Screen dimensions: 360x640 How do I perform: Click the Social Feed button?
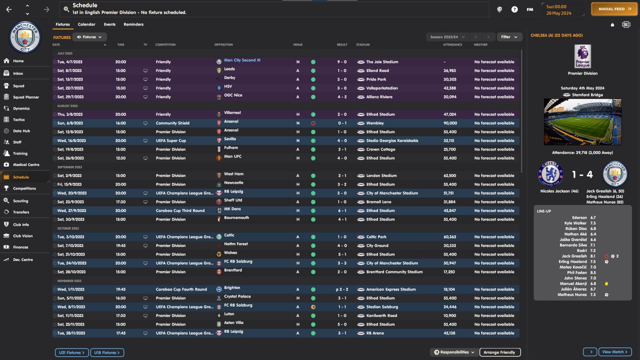pyautogui.click(x=614, y=9)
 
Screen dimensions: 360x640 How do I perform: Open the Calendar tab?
pyautogui.click(x=86, y=24)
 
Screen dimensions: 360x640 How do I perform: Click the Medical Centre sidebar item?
pyautogui.click(x=25, y=165)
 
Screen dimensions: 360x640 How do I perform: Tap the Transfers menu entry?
pyautogui.click(x=21, y=212)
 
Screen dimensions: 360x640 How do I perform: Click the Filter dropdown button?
pyautogui.click(x=509, y=37)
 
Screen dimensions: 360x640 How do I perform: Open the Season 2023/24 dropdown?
pyautogui.click(x=447, y=37)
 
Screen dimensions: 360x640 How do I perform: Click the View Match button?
pyautogui.click(x=615, y=352)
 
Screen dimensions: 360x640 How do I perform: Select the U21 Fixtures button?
pyautogui.click(x=72, y=352)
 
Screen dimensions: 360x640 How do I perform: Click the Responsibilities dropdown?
pyautogui.click(x=454, y=352)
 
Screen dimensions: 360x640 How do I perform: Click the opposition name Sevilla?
pyautogui.click(x=230, y=139)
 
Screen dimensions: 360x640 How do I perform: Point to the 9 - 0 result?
pyautogui.click(x=341, y=62)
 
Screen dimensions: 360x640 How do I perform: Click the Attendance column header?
pyautogui.click(x=452, y=45)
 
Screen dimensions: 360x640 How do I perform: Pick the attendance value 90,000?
pyautogui.click(x=449, y=123)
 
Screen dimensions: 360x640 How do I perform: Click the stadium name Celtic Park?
pyautogui.click(x=377, y=237)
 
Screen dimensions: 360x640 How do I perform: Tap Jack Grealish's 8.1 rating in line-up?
pyautogui.click(x=592, y=256)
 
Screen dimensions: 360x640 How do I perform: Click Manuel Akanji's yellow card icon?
pyautogui.click(x=606, y=283)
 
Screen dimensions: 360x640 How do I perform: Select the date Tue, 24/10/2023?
pyautogui.click(x=72, y=263)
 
